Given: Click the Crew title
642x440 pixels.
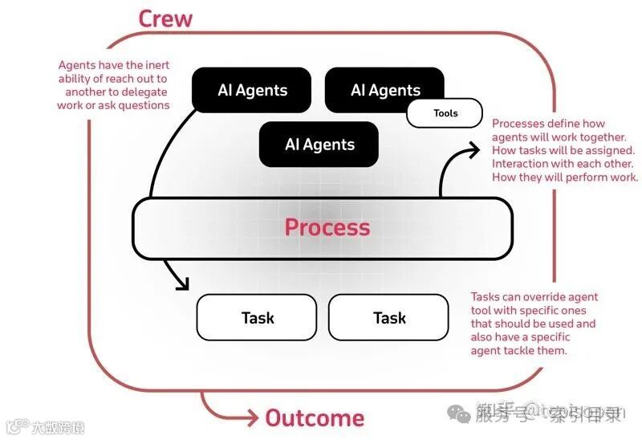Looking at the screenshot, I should (165, 18).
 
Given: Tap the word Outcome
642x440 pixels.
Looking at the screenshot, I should (315, 418).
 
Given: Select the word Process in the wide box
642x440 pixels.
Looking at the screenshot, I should (327, 227).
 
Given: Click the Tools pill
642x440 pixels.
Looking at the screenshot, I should (445, 113).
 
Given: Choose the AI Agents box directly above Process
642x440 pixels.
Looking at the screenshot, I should (319, 145).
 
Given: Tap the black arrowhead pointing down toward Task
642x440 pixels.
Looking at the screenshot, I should (182, 283).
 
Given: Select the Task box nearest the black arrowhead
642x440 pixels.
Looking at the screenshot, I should (257, 318).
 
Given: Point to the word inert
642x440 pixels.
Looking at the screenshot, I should (154, 65).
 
